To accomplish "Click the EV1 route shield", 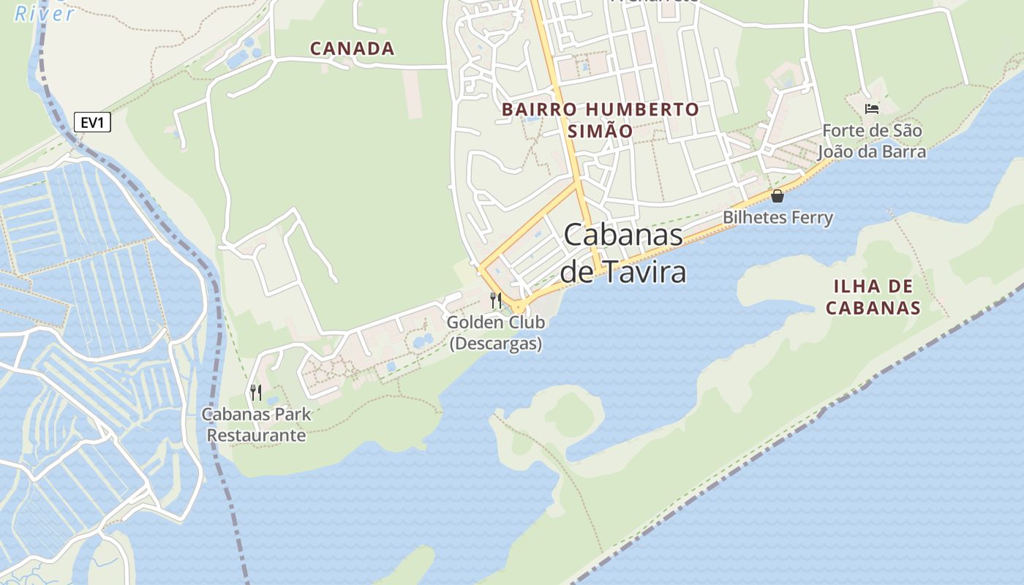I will (x=92, y=122).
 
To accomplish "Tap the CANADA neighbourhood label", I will (x=352, y=49).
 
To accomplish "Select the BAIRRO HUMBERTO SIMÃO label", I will (x=600, y=120).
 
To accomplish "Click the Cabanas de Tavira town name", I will (x=623, y=253).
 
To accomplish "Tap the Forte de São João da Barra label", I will (x=872, y=141).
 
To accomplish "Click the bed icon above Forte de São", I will (x=872, y=109).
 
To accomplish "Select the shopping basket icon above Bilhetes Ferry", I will (x=777, y=196).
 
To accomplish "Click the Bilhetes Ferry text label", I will (x=778, y=217).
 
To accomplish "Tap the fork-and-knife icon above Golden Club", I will (x=496, y=300).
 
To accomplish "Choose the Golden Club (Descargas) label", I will (x=496, y=333).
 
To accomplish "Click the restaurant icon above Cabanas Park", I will (x=256, y=393).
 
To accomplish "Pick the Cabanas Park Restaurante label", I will (x=256, y=425).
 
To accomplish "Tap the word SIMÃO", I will (x=600, y=131).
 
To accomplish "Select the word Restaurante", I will (x=256, y=436).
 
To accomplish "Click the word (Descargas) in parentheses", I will (x=496, y=344).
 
